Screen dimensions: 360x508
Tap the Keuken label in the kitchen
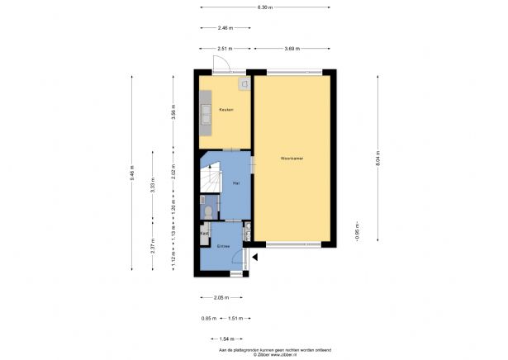pyautogui.click(x=226, y=110)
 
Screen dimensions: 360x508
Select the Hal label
pyautogui.click(x=236, y=182)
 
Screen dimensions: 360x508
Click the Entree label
pyautogui.click(x=223, y=247)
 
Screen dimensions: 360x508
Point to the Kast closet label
pyautogui.click(x=204, y=234)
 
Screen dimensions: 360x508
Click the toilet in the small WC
pyautogui.click(x=207, y=212)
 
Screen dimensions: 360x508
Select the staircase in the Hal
pyautogui.click(x=212, y=179)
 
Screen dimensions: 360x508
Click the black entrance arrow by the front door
pyautogui.click(x=254, y=258)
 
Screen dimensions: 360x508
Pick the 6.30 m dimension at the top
pyautogui.click(x=265, y=7)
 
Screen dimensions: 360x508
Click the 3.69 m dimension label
pyautogui.click(x=292, y=49)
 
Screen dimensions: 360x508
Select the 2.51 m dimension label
pyautogui.click(x=224, y=49)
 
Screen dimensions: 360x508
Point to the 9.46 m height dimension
pyautogui.click(x=131, y=174)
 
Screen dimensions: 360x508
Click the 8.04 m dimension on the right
pyautogui.click(x=377, y=158)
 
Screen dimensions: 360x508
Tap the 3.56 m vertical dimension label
pyautogui.click(x=173, y=113)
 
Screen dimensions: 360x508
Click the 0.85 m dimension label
pyautogui.click(x=209, y=318)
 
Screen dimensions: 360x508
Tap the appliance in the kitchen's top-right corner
pyautogui.click(x=244, y=83)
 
